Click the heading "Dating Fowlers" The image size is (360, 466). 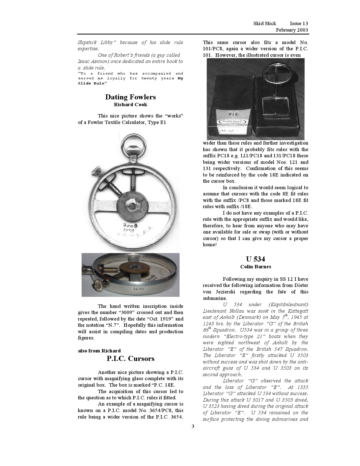tap(130, 97)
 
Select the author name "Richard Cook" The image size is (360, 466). tap(130, 104)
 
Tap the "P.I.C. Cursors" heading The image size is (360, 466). tap(130, 359)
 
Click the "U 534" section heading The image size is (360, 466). tap(256, 259)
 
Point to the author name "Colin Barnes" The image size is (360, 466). tap(256, 267)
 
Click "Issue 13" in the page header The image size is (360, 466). tap(299, 23)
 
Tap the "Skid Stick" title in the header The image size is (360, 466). tap(265, 23)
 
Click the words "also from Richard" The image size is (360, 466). tap(99, 351)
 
